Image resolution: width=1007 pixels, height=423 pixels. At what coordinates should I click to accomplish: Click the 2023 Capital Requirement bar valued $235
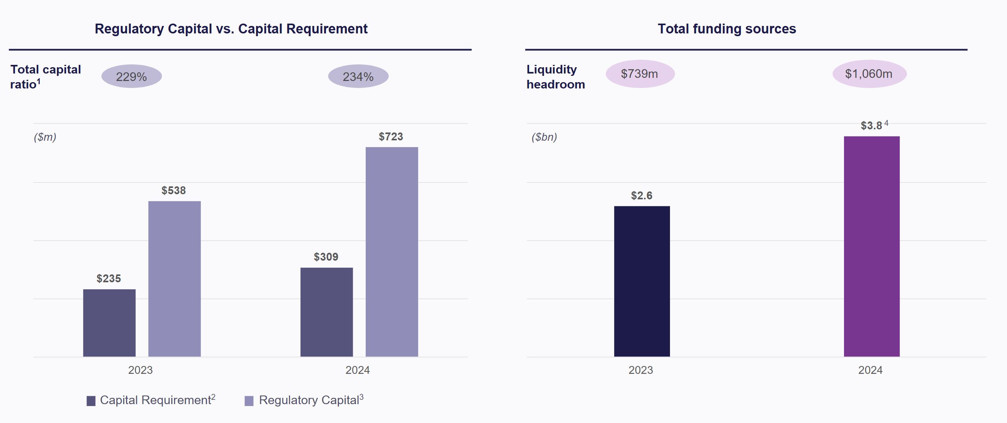[x=109, y=323]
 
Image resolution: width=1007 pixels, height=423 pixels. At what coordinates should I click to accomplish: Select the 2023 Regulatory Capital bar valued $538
[x=174, y=279]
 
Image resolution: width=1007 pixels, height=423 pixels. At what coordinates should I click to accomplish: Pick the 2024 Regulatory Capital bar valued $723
[x=392, y=252]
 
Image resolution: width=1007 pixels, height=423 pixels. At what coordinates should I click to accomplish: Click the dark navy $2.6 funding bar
[x=642, y=281]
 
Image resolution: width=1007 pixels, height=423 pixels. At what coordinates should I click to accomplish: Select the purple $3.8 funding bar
[x=872, y=246]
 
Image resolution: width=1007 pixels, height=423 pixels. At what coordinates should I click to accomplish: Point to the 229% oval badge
[x=131, y=76]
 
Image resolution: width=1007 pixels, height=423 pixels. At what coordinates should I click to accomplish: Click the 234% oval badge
[x=358, y=76]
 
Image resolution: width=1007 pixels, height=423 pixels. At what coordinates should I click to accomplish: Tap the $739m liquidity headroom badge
[x=640, y=74]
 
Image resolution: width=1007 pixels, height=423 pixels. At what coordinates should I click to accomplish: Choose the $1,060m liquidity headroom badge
[x=869, y=74]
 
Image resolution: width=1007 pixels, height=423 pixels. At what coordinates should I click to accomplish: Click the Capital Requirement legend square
[x=91, y=401]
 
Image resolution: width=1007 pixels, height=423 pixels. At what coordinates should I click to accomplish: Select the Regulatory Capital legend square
[x=249, y=401]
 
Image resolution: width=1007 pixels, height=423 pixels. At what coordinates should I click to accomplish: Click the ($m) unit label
[x=45, y=137]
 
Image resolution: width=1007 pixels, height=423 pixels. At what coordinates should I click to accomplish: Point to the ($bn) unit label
[x=544, y=137]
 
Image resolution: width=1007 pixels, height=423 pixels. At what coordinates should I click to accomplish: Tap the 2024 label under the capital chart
[x=357, y=370]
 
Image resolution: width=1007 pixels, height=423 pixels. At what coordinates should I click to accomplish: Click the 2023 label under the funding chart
[x=640, y=370]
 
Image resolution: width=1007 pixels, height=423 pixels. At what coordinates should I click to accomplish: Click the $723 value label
[x=391, y=137]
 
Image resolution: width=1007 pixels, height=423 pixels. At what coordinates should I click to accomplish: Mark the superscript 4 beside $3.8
[x=886, y=123]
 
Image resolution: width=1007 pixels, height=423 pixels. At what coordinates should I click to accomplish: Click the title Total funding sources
[x=727, y=29]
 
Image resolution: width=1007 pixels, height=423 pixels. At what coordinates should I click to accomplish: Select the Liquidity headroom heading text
[x=555, y=77]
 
